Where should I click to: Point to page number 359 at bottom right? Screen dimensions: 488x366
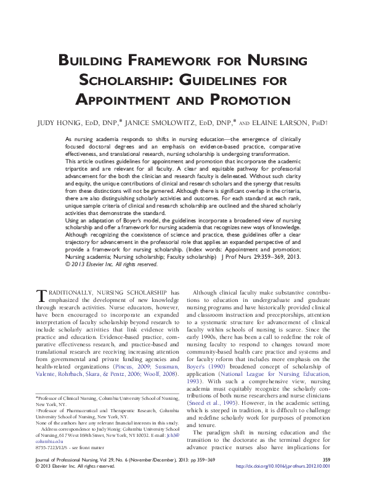[327, 476]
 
